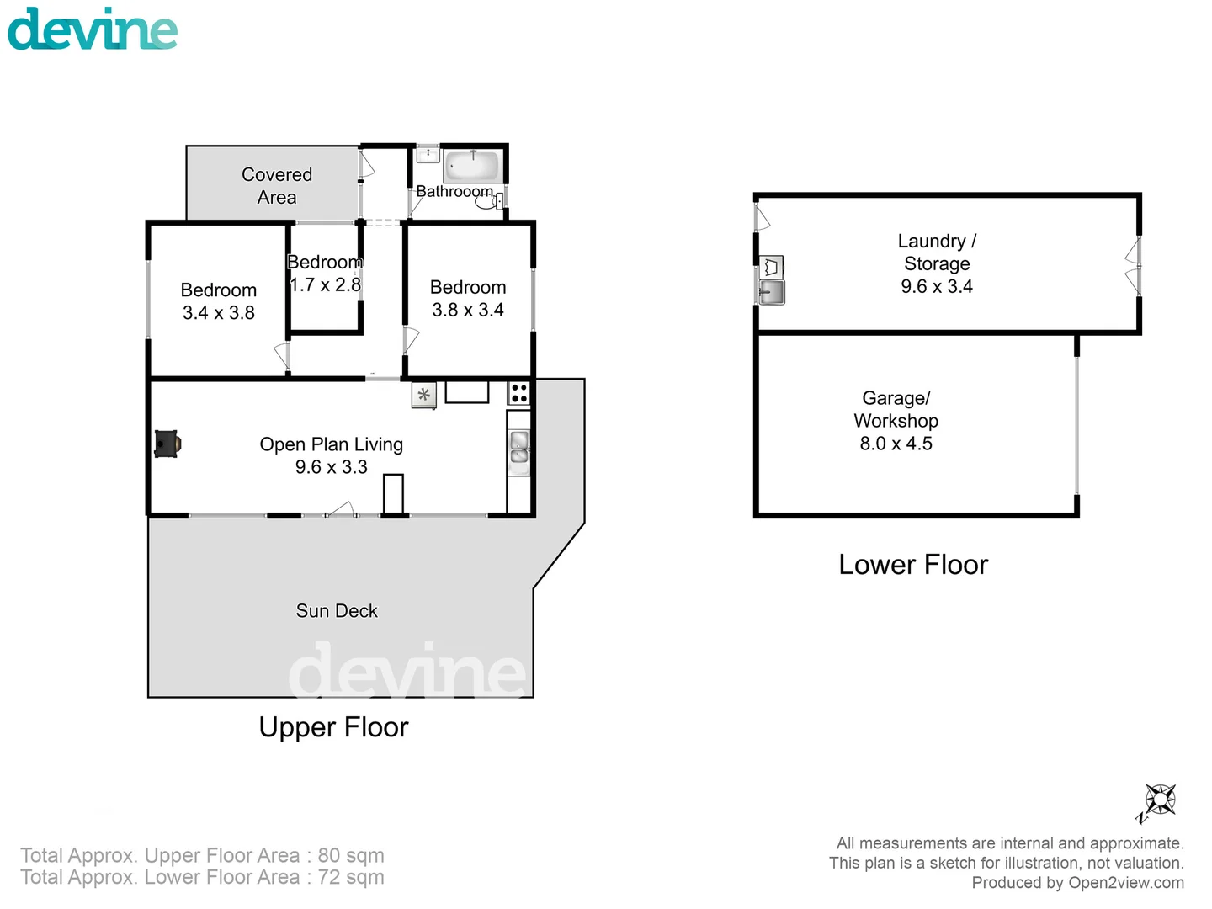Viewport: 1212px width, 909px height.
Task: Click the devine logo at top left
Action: tap(93, 29)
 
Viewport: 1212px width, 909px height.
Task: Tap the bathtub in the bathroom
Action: tap(471, 165)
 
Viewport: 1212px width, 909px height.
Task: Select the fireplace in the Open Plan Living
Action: tap(167, 444)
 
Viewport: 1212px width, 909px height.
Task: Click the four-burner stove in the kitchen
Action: tap(519, 393)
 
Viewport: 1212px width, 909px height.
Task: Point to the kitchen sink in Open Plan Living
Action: tap(519, 447)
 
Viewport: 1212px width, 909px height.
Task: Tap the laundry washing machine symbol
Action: tap(772, 268)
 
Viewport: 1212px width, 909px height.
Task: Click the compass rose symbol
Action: tap(1159, 800)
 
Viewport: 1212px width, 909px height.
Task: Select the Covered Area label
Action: tap(277, 186)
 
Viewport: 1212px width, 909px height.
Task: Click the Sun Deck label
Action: tap(337, 611)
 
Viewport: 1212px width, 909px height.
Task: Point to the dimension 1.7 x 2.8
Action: tap(325, 285)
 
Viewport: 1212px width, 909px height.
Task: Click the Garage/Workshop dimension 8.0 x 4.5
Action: tap(896, 444)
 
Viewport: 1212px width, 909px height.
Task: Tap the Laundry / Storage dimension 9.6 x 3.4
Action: tap(936, 287)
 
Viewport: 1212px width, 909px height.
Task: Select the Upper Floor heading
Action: tap(333, 727)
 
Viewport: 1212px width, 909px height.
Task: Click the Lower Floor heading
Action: tap(913, 565)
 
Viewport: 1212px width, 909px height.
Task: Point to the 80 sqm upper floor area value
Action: tap(350, 855)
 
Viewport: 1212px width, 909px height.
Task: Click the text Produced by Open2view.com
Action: tap(1077, 883)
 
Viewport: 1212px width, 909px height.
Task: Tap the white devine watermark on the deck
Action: tap(407, 671)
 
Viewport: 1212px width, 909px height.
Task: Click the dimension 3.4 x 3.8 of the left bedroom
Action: tap(218, 313)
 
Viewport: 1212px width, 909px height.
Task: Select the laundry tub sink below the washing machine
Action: tap(772, 292)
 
